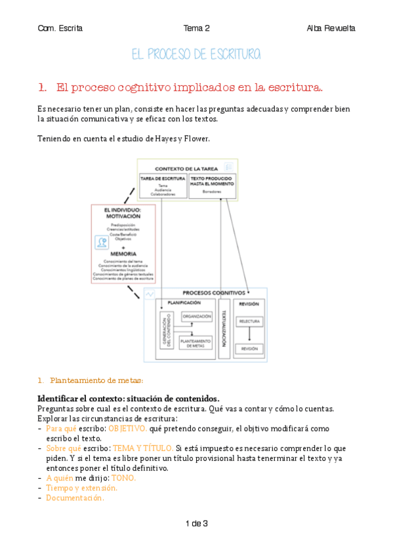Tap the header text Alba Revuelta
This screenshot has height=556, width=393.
coord(331,28)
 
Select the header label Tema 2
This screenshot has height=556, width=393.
coord(196,28)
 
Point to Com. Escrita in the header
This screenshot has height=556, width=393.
coord(60,28)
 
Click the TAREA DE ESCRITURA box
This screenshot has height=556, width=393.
coord(163,186)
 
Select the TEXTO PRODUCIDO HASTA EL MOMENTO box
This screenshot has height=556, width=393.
coord(212,186)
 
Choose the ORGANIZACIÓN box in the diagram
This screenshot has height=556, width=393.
coord(197,317)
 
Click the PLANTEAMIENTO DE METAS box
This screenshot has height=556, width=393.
coord(196,342)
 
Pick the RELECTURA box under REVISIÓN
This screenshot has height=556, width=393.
coord(250,321)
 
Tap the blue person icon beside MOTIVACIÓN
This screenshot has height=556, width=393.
coord(101,242)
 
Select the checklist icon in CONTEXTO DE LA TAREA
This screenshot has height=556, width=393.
coord(229,167)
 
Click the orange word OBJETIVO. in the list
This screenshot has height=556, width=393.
coord(127,428)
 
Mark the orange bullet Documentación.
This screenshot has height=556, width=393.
coord(75,498)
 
